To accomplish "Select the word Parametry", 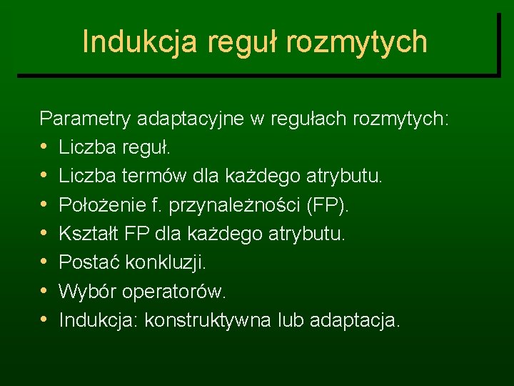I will coord(84,118).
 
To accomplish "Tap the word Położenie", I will coord(99,205).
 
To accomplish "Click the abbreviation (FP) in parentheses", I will coord(328,205).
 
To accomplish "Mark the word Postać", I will coord(89,263).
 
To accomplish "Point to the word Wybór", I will coord(87,292).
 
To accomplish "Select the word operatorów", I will coord(173,292).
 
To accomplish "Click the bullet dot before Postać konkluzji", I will coord(45,263).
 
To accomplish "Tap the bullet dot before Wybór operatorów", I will coord(45,292).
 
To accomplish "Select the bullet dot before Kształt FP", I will coord(45,234).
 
